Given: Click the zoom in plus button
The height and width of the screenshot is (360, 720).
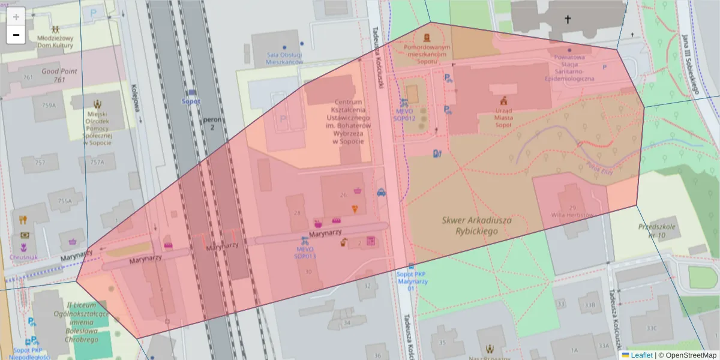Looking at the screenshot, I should [x=16, y=16].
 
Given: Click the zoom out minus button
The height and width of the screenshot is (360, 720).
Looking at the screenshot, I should [x=16, y=35].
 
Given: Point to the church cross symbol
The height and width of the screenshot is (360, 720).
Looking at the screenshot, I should [x=568, y=20].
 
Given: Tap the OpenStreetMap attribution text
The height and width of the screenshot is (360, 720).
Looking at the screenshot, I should [x=688, y=355].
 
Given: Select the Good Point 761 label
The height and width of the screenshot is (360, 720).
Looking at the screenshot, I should [x=59, y=75].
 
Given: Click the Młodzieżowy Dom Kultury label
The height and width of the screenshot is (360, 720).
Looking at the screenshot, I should [x=55, y=41].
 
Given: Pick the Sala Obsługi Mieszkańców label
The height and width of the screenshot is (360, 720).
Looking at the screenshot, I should [x=284, y=58].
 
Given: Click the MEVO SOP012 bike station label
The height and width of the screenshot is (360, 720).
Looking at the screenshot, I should [x=404, y=115].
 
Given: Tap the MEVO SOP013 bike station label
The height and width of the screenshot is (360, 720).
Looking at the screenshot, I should [x=305, y=253].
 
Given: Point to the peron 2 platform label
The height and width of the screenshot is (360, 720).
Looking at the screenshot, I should [x=212, y=124].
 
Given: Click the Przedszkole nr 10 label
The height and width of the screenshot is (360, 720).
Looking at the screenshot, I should [x=658, y=231].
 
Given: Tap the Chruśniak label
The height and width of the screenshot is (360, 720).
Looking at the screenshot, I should [x=23, y=257].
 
